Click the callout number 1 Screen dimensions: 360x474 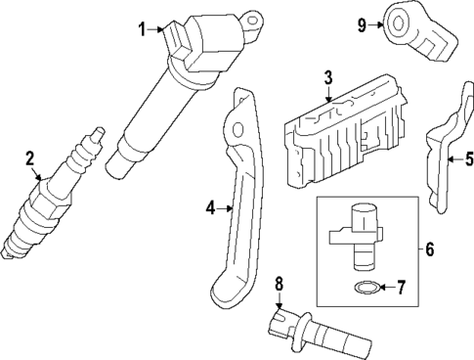coord(142,29)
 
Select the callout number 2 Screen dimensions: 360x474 coord(30,157)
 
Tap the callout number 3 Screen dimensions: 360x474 coord(328,77)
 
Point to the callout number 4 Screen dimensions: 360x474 coord(211,206)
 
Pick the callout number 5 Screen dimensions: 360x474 coord(467,157)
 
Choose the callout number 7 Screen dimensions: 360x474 coord(409,287)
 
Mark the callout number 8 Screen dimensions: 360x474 coord(279,284)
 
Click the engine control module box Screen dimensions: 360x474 coord(337,132)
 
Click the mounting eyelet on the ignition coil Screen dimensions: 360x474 coord(257,16)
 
